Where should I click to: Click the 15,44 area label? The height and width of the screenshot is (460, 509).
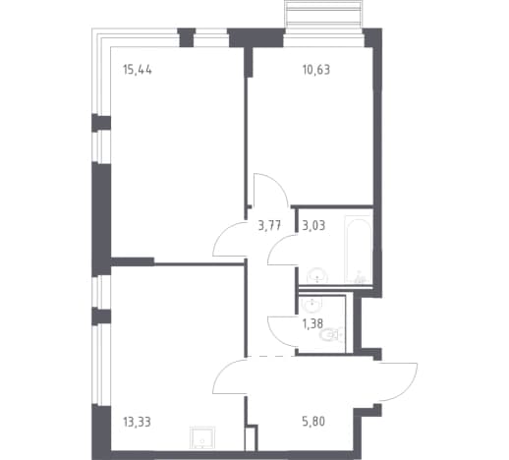tap(138, 70)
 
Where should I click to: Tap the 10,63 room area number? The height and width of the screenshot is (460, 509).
tap(316, 70)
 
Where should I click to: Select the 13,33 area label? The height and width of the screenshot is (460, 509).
tap(137, 422)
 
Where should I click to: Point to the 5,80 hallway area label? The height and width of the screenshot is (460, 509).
tap(313, 422)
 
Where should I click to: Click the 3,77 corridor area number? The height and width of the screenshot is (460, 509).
tap(269, 225)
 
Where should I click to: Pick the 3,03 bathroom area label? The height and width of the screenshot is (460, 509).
tap(313, 225)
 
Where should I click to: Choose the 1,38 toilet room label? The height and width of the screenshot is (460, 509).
tap(312, 324)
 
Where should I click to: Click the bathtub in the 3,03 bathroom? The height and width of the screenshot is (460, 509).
tap(359, 249)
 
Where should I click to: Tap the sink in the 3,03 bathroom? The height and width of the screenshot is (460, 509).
tap(317, 275)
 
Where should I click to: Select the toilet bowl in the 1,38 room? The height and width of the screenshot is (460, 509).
tap(330, 335)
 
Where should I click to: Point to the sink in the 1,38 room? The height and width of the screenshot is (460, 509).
tap(313, 305)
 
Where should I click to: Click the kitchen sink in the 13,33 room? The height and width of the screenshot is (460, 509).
tap(202, 438)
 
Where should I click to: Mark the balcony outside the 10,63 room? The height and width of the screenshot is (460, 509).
tap(323, 15)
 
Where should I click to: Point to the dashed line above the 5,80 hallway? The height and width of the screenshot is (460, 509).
tap(270, 356)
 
